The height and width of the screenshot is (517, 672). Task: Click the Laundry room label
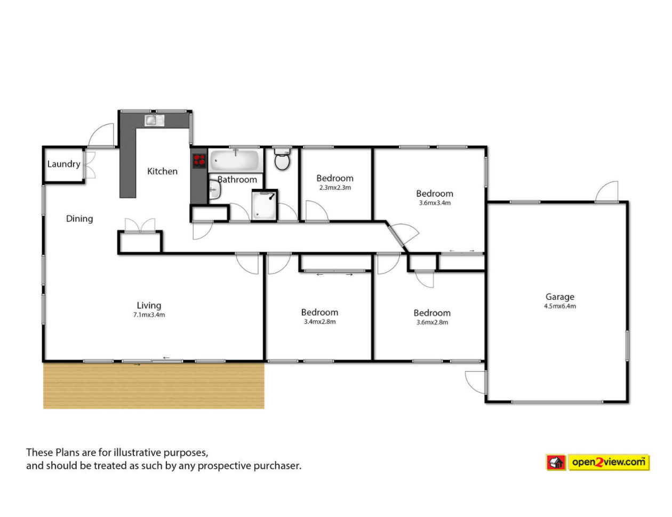[63, 164]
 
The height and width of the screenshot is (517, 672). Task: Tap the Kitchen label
[162, 171]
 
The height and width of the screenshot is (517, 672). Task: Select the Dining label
[79, 219]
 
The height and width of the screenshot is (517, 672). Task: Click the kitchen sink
[154, 120]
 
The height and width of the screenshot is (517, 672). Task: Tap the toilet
[282, 158]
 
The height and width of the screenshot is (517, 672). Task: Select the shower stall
[265, 205]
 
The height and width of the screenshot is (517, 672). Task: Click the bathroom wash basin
[214, 189]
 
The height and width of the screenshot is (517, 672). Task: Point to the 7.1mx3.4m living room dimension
[149, 315]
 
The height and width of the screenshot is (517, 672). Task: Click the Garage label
[560, 297]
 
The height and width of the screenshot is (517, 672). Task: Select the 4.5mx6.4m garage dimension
[560, 306]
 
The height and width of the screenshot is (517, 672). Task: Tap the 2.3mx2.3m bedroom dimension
[335, 187]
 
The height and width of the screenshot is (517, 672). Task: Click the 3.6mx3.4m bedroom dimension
[435, 203]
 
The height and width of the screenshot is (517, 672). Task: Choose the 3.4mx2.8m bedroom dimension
[320, 322]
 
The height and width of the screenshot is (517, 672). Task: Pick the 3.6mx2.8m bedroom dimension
[432, 322]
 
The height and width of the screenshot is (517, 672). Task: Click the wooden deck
[154, 386]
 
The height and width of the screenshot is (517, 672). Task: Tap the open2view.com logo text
[609, 462]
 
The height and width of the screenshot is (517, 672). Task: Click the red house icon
[556, 463]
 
